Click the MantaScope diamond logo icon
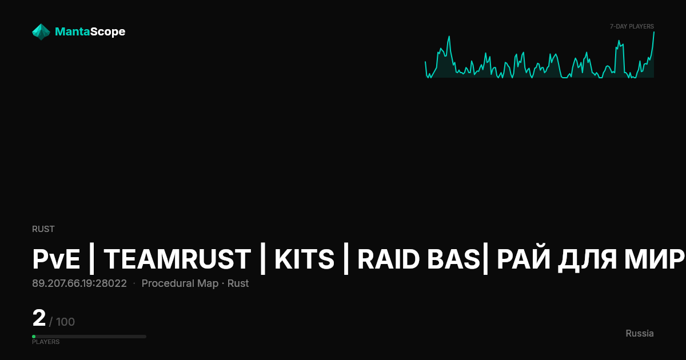41,32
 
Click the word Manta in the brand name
72,31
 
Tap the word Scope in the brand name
107,32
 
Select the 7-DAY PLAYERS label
632,27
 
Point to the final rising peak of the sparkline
654,32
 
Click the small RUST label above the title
43,229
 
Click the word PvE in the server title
56,259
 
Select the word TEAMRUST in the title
177,259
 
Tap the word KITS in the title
304,259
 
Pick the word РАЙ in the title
522,259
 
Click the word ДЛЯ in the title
587,260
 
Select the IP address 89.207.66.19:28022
79,283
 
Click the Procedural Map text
180,283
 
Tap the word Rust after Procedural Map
238,283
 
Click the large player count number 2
39,318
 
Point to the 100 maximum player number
65,322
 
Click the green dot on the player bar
34,337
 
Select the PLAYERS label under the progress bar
46,342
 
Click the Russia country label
640,333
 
